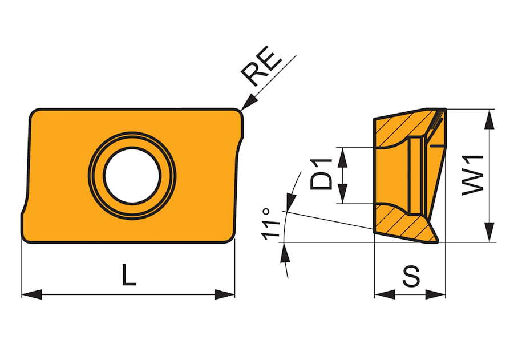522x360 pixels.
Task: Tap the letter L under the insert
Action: tap(129, 274)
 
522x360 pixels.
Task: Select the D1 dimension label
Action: tap(321, 175)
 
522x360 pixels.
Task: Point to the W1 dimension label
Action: tap(473, 175)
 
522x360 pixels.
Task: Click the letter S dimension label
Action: tap(411, 276)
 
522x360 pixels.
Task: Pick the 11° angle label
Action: tap(270, 224)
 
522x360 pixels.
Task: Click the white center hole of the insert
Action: tap(132, 176)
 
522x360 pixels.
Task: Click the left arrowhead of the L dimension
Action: tap(32, 294)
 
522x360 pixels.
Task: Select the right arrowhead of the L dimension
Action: tap(224, 294)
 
